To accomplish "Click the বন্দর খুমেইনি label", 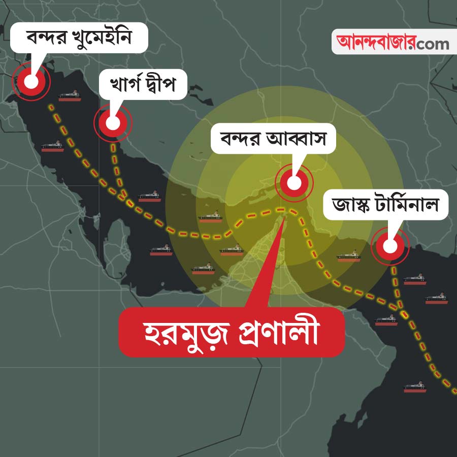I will tap(79, 37).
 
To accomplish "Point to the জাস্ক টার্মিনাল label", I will tap(385, 205).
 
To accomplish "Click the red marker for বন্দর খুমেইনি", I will tap(31, 81).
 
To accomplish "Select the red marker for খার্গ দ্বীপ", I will tap(113, 122).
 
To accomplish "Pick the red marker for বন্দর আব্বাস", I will tap(294, 182).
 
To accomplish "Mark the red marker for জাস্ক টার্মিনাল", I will tap(390, 246).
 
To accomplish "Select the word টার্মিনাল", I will tap(411, 205).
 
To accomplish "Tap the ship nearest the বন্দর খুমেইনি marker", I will tap(70, 96).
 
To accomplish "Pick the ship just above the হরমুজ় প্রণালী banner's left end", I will tap(203, 269).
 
